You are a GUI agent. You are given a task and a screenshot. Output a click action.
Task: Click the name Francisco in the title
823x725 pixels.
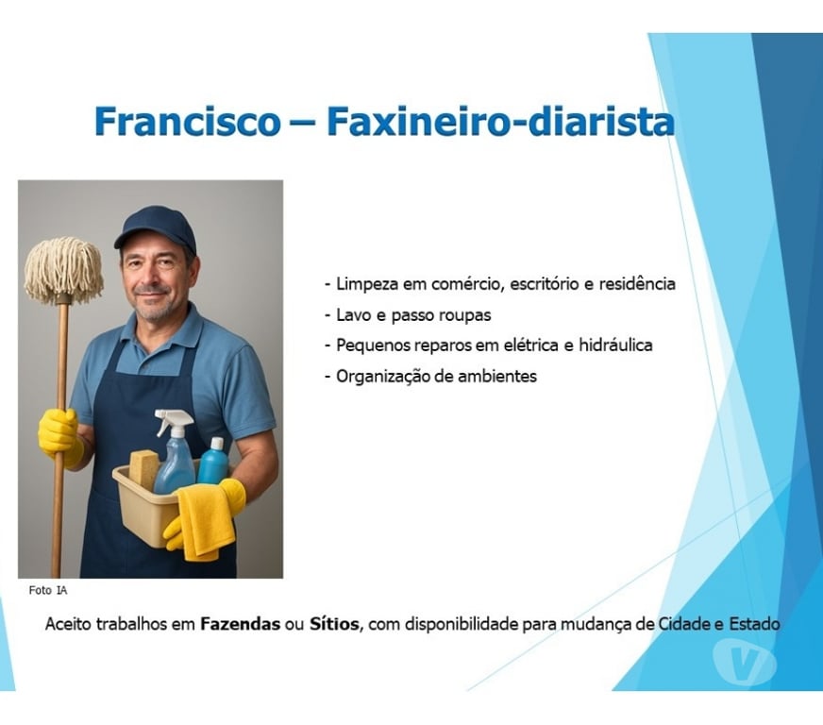coord(187,123)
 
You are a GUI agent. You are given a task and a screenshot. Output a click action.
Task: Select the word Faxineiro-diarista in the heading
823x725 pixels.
coord(500,123)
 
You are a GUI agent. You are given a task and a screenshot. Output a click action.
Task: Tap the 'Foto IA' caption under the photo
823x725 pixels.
coord(48,590)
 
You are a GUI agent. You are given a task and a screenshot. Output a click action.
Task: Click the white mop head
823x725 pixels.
coord(63,268)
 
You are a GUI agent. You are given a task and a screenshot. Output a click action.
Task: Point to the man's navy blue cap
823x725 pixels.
coord(156,228)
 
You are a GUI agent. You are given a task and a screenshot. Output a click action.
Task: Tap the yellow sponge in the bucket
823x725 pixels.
coord(144,469)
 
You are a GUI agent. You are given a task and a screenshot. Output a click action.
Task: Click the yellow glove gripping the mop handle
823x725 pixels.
coord(59,433)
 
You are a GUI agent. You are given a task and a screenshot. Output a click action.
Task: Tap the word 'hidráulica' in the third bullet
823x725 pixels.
coord(615,345)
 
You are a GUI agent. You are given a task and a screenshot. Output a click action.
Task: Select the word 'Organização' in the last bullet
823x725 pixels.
coord(380,376)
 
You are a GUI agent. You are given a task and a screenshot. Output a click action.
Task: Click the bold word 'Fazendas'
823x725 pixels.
coord(240,625)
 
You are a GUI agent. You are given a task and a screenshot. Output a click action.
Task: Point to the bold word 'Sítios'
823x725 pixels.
coord(334,625)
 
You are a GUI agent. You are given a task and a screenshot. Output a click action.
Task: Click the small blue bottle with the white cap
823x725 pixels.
coord(214,462)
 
